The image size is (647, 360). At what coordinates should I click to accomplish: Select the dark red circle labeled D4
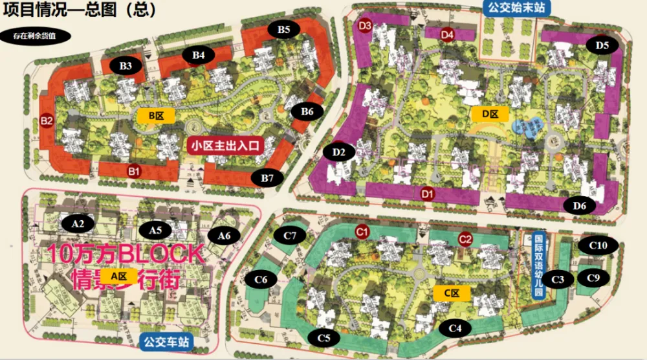click(447, 34)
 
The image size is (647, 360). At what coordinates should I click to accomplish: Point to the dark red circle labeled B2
click(47, 120)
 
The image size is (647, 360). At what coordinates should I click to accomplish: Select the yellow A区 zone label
click(118, 276)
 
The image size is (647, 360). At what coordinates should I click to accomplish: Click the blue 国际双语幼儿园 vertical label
click(538, 265)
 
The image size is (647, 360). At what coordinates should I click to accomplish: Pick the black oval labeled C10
click(598, 245)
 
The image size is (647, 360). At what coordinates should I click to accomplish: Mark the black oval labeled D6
click(580, 206)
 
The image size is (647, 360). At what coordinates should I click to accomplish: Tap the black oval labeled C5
click(323, 337)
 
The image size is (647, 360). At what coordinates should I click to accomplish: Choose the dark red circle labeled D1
click(426, 193)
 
